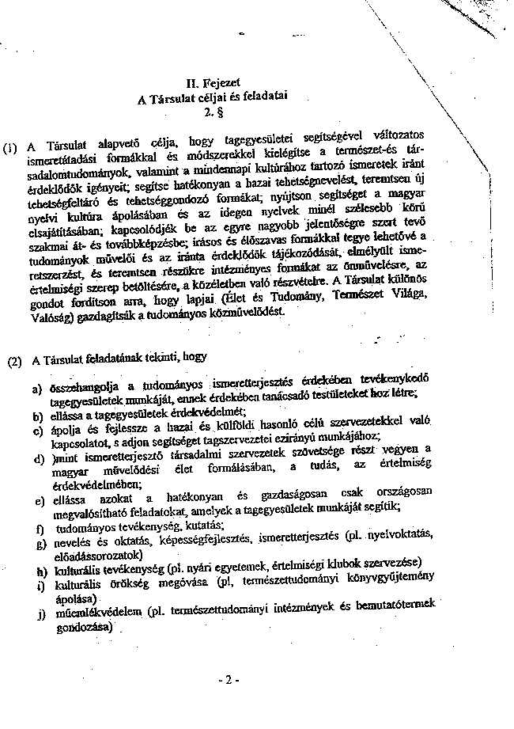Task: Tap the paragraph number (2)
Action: [x=14, y=363]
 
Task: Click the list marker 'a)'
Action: [x=37, y=389]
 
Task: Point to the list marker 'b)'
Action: [x=37, y=415]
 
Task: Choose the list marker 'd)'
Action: [x=37, y=458]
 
